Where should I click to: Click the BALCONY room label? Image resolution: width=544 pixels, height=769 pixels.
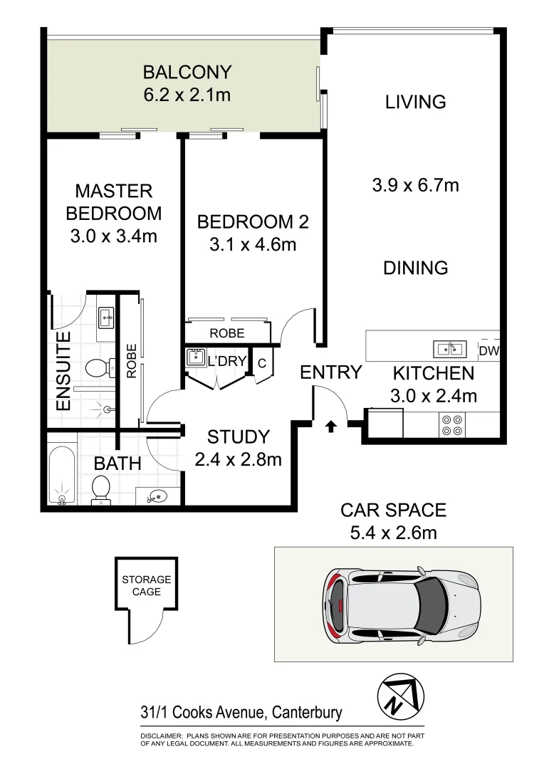point(187,72)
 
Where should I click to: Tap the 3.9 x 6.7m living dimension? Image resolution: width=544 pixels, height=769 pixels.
point(415,186)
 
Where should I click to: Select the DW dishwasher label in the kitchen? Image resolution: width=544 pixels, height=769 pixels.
point(488,350)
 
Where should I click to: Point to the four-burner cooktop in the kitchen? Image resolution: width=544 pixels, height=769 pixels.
point(451,424)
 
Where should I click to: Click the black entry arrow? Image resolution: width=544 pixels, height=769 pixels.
point(330,427)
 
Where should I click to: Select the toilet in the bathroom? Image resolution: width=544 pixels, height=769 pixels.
point(100,490)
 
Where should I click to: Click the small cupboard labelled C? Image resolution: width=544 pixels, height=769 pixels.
point(261,363)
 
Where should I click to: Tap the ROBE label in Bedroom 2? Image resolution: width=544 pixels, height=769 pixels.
point(227,333)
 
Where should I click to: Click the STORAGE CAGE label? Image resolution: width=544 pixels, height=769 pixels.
point(146,585)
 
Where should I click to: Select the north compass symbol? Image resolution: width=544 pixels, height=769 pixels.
point(400,695)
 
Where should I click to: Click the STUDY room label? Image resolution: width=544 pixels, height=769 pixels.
point(238,436)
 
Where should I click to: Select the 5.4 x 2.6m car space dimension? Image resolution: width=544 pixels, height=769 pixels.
point(393,533)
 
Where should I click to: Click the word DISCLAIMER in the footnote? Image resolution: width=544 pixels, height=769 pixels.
point(161,735)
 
